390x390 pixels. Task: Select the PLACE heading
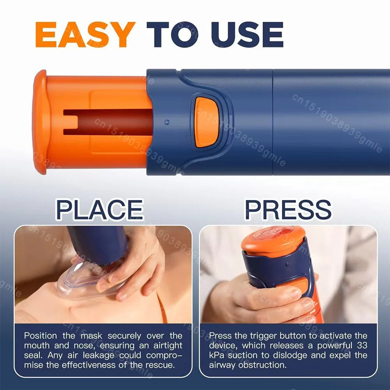coord(99,209)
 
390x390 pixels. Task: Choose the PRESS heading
coord(288,209)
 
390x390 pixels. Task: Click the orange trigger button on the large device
coord(206,122)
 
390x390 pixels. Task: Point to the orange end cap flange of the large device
coord(40,122)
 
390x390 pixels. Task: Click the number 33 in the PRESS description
coord(361,345)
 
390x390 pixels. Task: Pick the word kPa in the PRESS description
coord(216,355)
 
